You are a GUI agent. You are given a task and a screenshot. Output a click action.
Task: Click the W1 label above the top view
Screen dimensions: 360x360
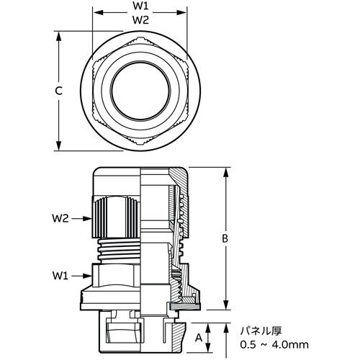[141, 6]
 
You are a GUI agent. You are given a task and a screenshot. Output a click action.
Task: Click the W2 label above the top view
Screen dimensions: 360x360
[141, 20]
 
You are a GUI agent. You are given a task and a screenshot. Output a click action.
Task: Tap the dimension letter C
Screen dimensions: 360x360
[58, 91]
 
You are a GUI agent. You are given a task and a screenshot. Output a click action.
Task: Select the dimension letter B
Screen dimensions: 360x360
[225, 238]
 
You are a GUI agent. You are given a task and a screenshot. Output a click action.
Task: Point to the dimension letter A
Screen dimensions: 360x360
[199, 338]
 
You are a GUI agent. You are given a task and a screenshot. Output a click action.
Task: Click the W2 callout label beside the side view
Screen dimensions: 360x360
[60, 218]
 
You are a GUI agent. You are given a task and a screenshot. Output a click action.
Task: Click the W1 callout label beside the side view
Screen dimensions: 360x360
[60, 276]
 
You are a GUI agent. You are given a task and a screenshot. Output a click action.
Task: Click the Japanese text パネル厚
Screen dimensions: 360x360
[261, 331]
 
